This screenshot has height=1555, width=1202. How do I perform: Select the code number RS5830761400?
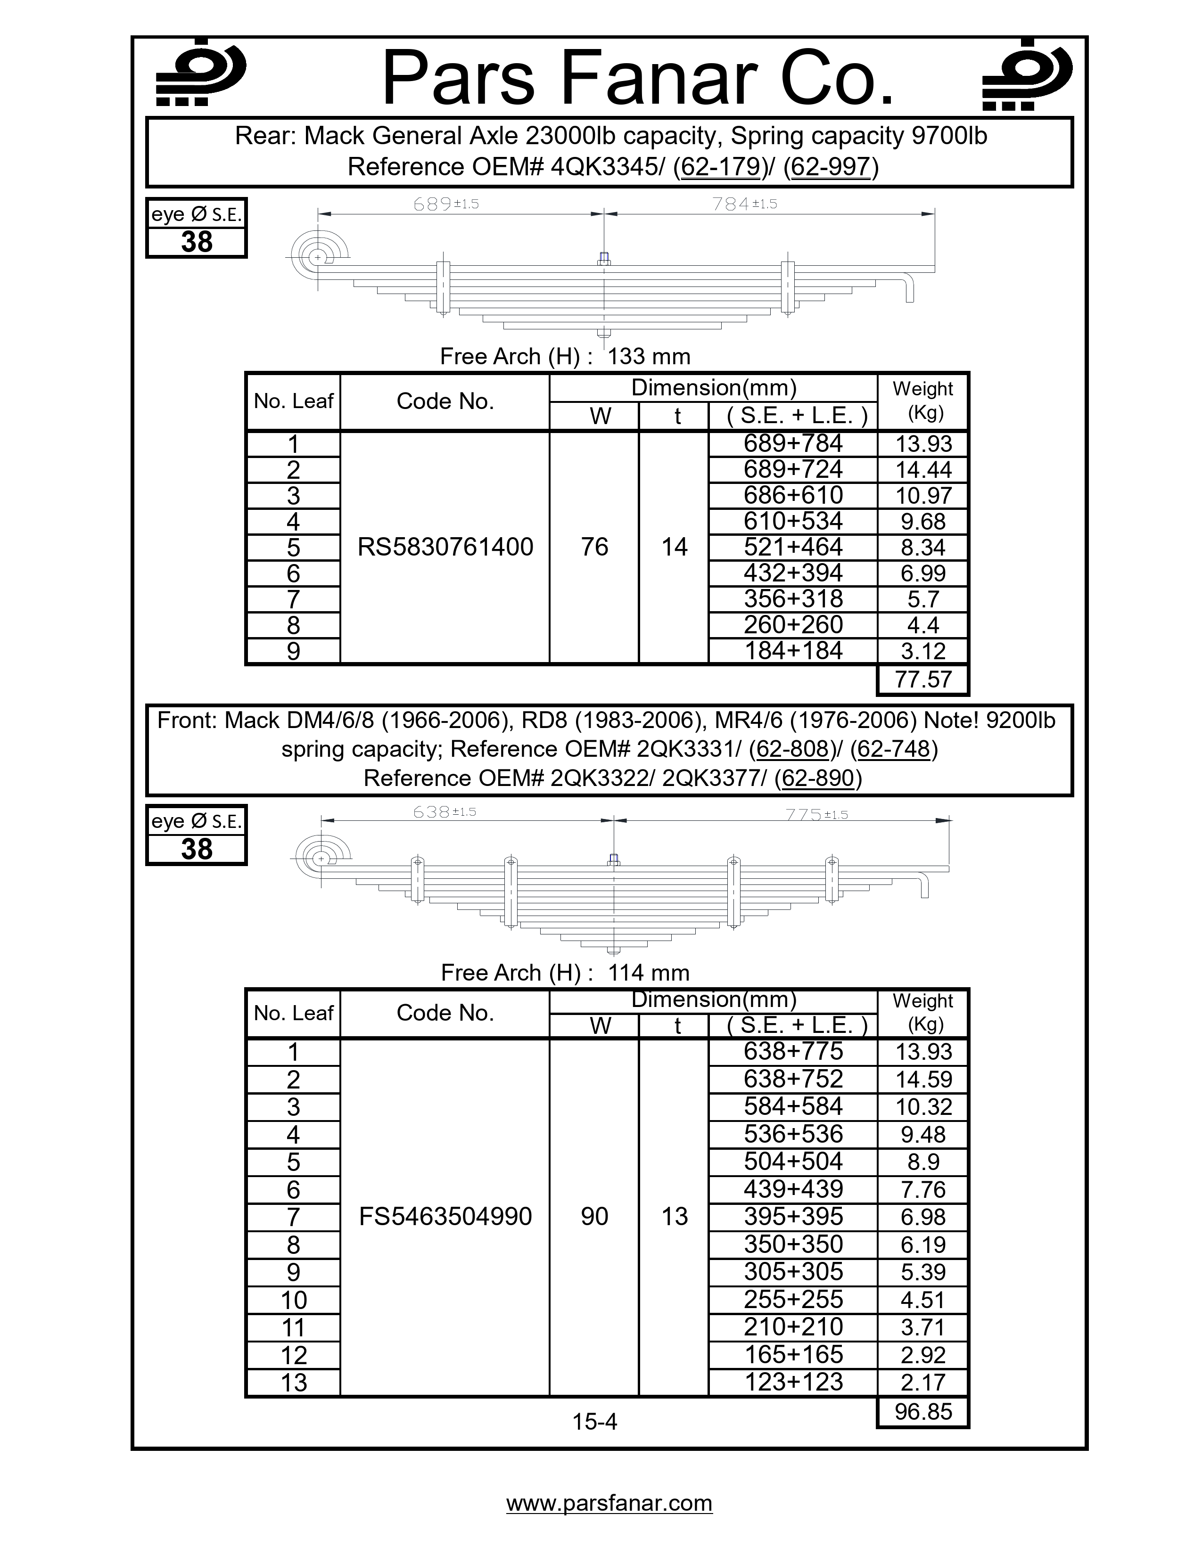[x=445, y=547]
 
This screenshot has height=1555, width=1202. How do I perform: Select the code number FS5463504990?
[x=445, y=1217]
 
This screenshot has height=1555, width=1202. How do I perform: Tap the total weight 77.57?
[x=923, y=679]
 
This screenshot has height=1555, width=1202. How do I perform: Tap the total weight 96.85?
[x=923, y=1411]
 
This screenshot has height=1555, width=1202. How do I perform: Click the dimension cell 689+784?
[x=792, y=443]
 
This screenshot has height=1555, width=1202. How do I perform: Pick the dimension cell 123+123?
[x=792, y=1382]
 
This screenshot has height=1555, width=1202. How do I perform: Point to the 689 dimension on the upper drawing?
[x=432, y=205]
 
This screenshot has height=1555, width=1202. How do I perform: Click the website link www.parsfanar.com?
[x=609, y=1503]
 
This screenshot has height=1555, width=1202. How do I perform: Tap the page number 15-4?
[x=594, y=1422]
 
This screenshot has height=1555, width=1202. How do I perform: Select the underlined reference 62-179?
[x=720, y=167]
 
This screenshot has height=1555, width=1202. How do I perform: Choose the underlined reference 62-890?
[x=817, y=778]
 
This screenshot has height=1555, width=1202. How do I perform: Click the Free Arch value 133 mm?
[x=649, y=356]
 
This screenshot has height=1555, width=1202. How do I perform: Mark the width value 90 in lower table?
[x=594, y=1217]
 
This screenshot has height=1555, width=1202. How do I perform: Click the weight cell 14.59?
[x=923, y=1080]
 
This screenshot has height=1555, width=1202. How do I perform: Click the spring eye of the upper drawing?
[x=318, y=257]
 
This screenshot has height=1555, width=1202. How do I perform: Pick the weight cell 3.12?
[x=923, y=651]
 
